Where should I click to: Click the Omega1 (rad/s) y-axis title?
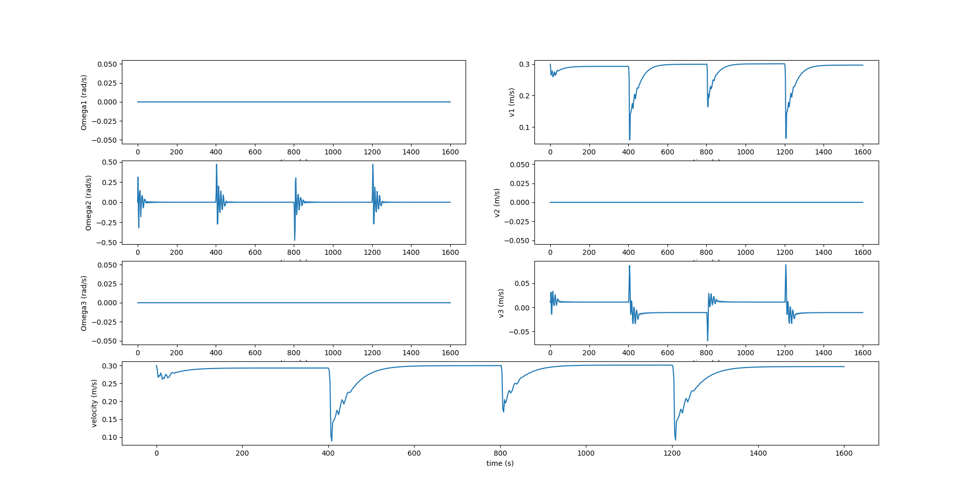(84, 102)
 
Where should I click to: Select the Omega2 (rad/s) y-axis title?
(88, 203)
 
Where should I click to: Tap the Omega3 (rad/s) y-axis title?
(84, 303)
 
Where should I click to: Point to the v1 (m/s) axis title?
(511, 102)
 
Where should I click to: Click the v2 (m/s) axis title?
(497, 203)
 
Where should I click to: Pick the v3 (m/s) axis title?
(501, 303)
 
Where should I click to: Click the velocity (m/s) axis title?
(94, 403)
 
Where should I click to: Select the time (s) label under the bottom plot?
(500, 463)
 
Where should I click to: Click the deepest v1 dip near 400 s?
(630, 139)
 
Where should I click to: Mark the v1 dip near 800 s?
(708, 106)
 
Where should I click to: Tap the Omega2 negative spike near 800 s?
(295, 240)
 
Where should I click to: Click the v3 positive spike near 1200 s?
(785, 265)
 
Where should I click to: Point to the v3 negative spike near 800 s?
(707, 340)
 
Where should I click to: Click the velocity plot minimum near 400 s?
(331, 440)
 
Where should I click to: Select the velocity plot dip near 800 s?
(503, 411)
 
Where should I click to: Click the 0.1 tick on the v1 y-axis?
(524, 127)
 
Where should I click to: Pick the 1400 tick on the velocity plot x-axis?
(758, 453)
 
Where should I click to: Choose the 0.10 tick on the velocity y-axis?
(109, 437)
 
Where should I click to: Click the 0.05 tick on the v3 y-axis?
(522, 283)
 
